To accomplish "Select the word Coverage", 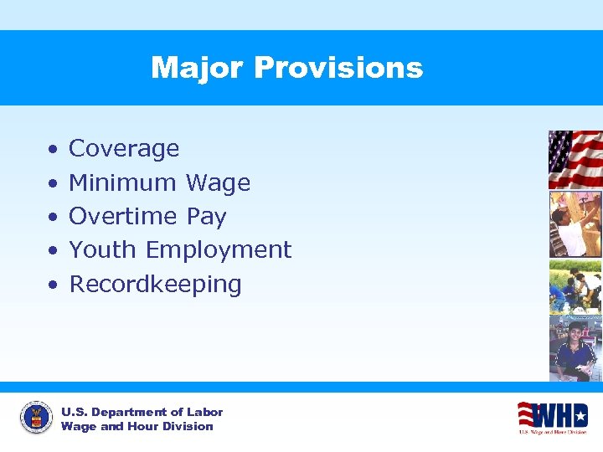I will [x=124, y=149].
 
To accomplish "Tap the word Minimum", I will [x=123, y=182].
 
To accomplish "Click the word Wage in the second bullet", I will [x=218, y=182].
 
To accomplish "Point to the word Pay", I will [x=206, y=217].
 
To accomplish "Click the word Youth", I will [x=103, y=249].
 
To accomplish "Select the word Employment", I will [x=219, y=250].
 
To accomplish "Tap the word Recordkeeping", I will [x=155, y=284].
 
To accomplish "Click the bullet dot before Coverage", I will [x=52, y=150].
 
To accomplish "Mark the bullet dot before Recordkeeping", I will [x=52, y=285].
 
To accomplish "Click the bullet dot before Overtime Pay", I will [x=52, y=218].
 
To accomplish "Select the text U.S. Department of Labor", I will [x=142, y=412].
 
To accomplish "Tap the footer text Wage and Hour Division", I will [x=137, y=427].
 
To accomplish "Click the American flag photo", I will [x=575, y=159].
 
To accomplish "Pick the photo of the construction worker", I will [x=575, y=223].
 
